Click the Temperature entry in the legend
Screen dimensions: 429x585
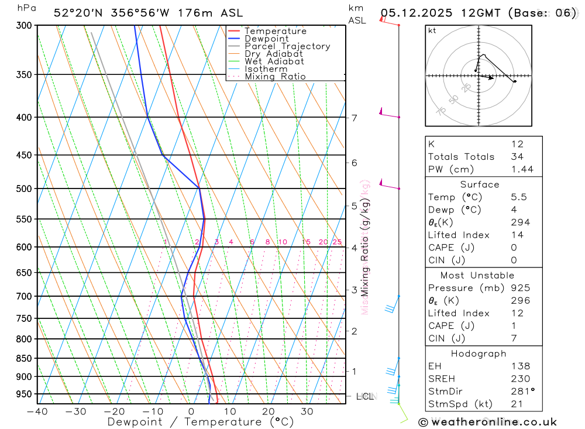[275, 31]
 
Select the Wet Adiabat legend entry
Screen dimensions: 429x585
[274, 61]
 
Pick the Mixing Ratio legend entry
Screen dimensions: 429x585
[275, 77]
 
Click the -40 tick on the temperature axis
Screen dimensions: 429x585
[37, 411]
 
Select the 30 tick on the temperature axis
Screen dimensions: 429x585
[307, 411]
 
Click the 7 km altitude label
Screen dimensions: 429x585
[354, 118]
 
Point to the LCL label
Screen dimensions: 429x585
[365, 397]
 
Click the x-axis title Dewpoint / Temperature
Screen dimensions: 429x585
[201, 421]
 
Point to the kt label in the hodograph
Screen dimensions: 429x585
[432, 31]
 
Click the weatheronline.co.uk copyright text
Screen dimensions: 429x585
[487, 422]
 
